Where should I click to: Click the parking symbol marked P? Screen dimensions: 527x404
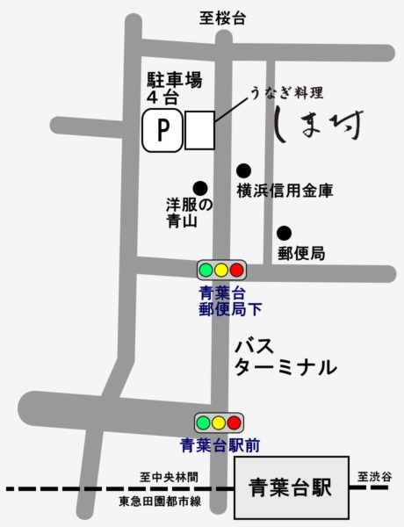click(x=162, y=132)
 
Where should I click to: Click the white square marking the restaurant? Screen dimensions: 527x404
click(x=198, y=131)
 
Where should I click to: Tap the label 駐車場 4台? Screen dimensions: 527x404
click(x=175, y=89)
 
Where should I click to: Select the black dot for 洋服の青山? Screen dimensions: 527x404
click(x=200, y=187)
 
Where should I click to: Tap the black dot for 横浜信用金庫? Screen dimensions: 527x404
click(x=243, y=170)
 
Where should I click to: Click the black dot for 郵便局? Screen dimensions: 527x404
click(x=284, y=233)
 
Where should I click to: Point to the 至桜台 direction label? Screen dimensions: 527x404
click(x=220, y=17)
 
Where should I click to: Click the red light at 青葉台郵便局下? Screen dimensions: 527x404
click(x=236, y=270)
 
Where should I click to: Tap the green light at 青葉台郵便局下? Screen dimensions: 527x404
click(x=206, y=270)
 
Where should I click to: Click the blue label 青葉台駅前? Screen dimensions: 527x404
click(x=219, y=445)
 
